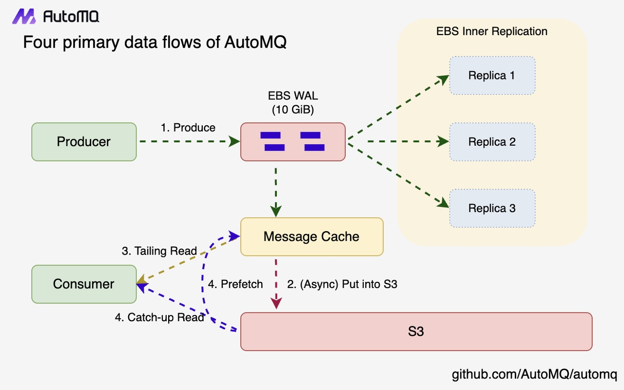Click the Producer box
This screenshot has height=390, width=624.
(x=84, y=142)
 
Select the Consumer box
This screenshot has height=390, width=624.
(x=84, y=284)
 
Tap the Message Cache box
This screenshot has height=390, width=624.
(x=312, y=237)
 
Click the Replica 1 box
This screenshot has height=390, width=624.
(x=492, y=76)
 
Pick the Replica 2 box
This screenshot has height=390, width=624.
(x=492, y=142)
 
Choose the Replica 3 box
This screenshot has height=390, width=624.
(x=492, y=208)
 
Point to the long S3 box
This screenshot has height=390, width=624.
(x=416, y=331)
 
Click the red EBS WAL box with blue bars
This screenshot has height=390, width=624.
(x=293, y=142)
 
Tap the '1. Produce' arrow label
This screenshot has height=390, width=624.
(x=188, y=128)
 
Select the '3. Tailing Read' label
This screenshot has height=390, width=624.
(x=159, y=251)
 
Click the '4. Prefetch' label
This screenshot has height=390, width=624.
(x=235, y=284)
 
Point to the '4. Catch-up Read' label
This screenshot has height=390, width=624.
(x=159, y=317)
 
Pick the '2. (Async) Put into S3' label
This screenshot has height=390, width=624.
(x=342, y=284)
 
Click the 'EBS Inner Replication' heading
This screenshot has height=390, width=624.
(x=492, y=32)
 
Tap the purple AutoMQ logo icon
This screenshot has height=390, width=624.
(x=24, y=17)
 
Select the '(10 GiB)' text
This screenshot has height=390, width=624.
(x=293, y=110)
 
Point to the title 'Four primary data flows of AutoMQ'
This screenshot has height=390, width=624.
(x=155, y=43)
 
